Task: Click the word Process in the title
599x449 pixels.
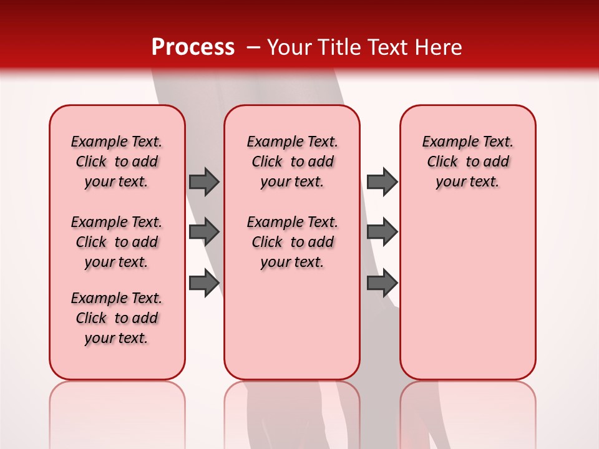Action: [193, 47]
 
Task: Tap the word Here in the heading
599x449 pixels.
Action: [439, 47]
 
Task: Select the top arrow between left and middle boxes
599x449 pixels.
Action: [204, 181]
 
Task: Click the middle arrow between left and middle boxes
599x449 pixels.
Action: [204, 232]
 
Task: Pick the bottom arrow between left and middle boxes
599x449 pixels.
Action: [204, 283]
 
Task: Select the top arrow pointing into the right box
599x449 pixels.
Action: [382, 181]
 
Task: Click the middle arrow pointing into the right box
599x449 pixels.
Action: [382, 232]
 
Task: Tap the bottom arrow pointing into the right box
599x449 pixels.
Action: [382, 283]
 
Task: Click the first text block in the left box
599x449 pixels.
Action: [117, 162]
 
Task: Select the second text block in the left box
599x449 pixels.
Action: [117, 242]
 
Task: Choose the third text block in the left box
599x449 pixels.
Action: [117, 318]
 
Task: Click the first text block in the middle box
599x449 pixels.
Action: [292, 162]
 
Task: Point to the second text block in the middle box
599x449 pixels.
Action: [292, 242]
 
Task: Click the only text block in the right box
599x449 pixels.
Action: [467, 162]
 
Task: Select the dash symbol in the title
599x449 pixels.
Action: [253, 47]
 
